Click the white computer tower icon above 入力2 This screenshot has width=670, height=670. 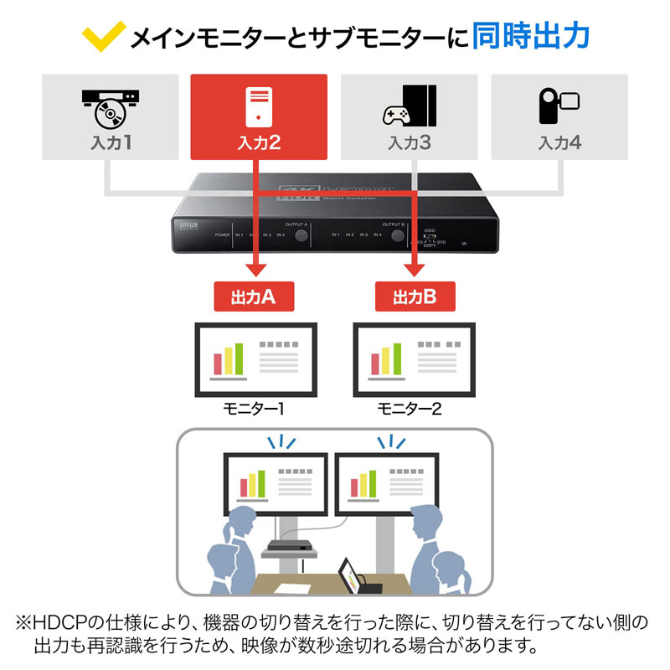tap(259, 106)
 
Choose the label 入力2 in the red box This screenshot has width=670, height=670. tap(259, 142)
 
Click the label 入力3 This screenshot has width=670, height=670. tap(410, 142)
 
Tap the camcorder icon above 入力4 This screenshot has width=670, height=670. tap(559, 105)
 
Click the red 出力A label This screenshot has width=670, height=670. tap(252, 296)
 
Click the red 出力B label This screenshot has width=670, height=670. tap(414, 296)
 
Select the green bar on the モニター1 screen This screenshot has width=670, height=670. tap(239, 358)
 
